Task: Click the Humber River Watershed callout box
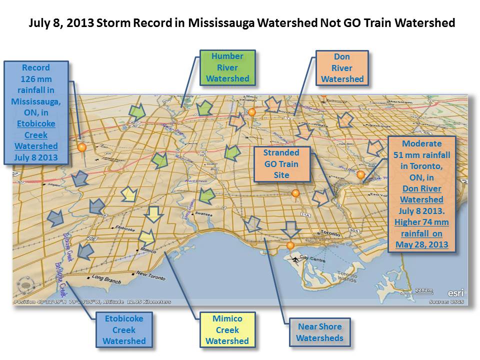coord(227,67)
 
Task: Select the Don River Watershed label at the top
coord(342,68)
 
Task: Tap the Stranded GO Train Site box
coord(282,164)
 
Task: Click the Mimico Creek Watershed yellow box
coord(227,329)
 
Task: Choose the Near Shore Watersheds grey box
coord(319,332)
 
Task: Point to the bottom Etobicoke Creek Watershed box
coord(124,329)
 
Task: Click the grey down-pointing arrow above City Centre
coord(290,229)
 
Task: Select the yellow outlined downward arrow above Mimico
coord(153,214)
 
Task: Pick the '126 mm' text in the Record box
coord(35,78)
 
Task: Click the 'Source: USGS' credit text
coord(446,301)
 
